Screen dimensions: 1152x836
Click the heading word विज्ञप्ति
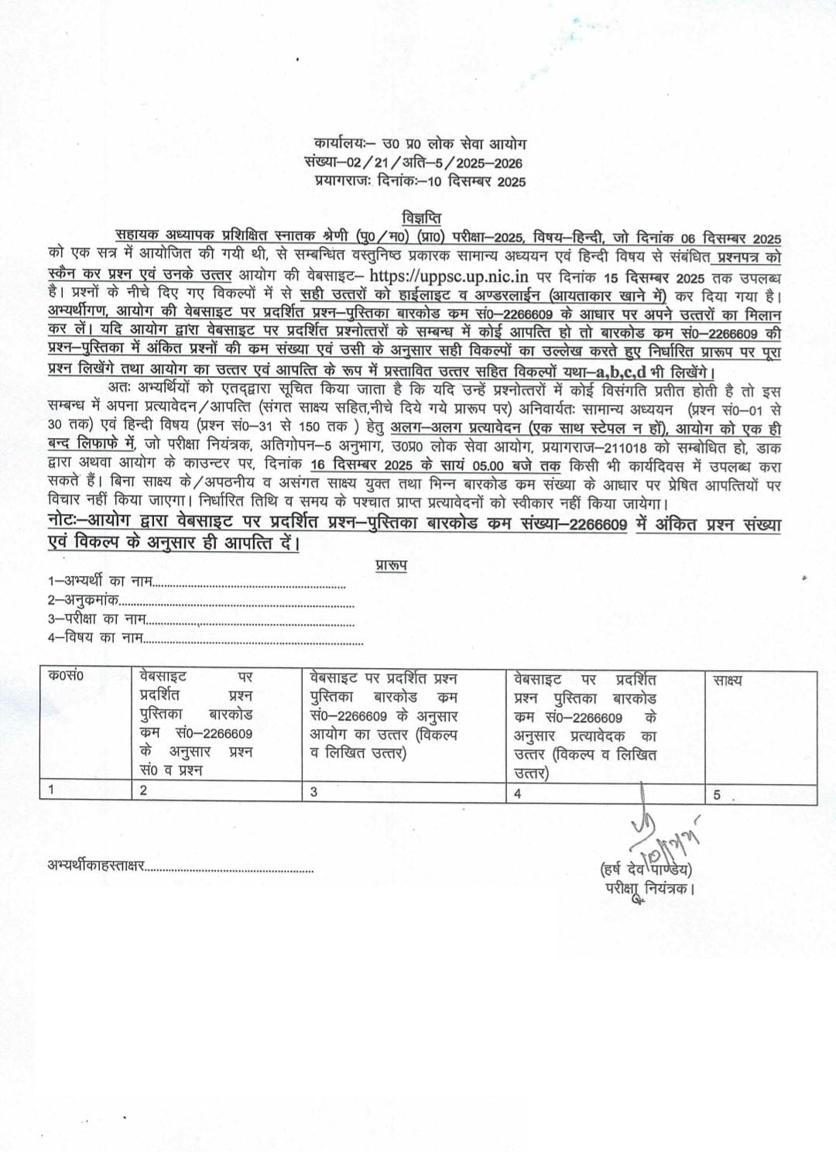click(x=421, y=218)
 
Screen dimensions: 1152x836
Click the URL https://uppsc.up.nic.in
click(x=448, y=276)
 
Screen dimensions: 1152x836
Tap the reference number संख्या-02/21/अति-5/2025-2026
click(x=413, y=163)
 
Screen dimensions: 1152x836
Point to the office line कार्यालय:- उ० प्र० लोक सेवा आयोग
click(x=420, y=144)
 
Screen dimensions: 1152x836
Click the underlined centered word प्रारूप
click(x=391, y=565)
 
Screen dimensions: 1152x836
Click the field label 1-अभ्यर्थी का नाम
click(x=101, y=581)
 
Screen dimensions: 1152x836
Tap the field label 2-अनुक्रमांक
click(x=84, y=600)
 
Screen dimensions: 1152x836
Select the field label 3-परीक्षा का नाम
click(x=98, y=619)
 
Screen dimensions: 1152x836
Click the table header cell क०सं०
click(x=67, y=677)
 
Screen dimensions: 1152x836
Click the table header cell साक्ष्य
click(x=728, y=681)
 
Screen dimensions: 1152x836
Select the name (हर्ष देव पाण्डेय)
click(x=646, y=870)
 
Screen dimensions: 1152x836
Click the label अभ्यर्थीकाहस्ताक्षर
click(x=96, y=866)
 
